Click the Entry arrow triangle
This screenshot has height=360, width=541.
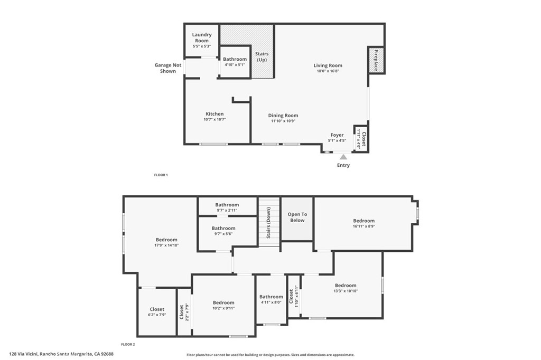(x=343, y=157)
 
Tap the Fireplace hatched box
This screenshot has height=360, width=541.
(x=376, y=60)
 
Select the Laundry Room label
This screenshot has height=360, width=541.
(x=202, y=37)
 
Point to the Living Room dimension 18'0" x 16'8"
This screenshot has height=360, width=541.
(x=328, y=71)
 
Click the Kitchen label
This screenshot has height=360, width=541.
(x=214, y=114)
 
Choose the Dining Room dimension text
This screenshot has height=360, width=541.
(x=283, y=121)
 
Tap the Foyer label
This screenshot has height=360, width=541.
(x=337, y=135)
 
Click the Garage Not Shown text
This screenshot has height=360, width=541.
(x=168, y=68)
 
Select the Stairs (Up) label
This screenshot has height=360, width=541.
(x=262, y=56)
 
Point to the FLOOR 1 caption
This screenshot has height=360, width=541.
(x=161, y=175)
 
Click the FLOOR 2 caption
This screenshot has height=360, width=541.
(x=128, y=345)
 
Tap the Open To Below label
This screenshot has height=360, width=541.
(x=297, y=217)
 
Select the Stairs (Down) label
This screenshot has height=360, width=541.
(x=269, y=222)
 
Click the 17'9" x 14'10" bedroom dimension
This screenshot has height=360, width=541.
(x=166, y=245)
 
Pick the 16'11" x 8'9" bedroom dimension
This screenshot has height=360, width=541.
(x=364, y=226)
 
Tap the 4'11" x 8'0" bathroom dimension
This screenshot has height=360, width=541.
(x=271, y=302)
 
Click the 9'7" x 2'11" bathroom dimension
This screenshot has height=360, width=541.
(x=227, y=210)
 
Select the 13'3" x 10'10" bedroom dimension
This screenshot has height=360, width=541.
(x=346, y=291)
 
